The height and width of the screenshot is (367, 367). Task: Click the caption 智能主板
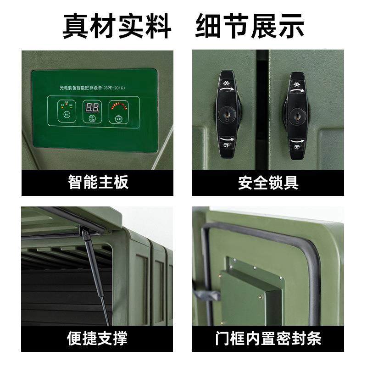(x=98, y=182)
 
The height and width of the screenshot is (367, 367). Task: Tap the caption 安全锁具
(x=268, y=182)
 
